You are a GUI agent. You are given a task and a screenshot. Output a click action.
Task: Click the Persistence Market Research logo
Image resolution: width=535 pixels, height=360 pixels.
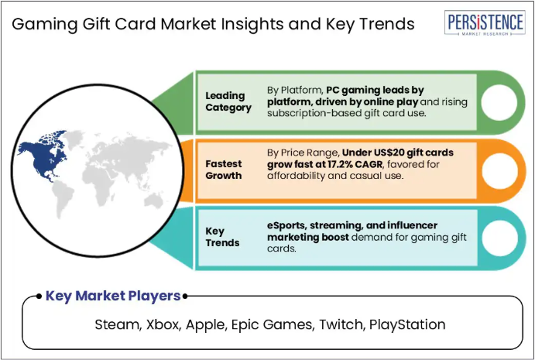tap(485, 22)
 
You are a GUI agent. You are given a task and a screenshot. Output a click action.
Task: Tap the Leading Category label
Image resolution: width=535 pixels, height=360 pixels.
tap(228, 101)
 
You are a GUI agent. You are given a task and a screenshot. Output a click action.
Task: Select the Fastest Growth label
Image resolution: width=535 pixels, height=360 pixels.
tap(224, 170)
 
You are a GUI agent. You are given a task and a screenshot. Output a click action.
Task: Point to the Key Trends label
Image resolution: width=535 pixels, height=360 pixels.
tap(222, 237)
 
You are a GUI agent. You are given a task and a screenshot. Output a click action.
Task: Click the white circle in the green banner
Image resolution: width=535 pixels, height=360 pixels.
tap(499, 102)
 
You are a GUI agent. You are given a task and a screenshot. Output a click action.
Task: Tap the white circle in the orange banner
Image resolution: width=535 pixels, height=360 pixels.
tap(499, 170)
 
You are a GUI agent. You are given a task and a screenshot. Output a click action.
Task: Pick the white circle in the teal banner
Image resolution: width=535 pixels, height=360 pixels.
tap(499, 238)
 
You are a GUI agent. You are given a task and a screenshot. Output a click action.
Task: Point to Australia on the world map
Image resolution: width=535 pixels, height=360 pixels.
tap(153, 201)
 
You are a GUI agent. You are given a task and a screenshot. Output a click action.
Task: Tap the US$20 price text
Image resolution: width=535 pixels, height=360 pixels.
tap(377, 153)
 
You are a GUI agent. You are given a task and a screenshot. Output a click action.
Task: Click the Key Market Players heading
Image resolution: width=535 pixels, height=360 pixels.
tap(113, 296)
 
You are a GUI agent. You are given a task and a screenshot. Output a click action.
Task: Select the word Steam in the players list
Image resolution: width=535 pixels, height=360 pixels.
tap(118, 324)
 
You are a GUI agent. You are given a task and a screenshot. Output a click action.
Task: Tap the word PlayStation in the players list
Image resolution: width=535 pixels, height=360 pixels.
tap(407, 324)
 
